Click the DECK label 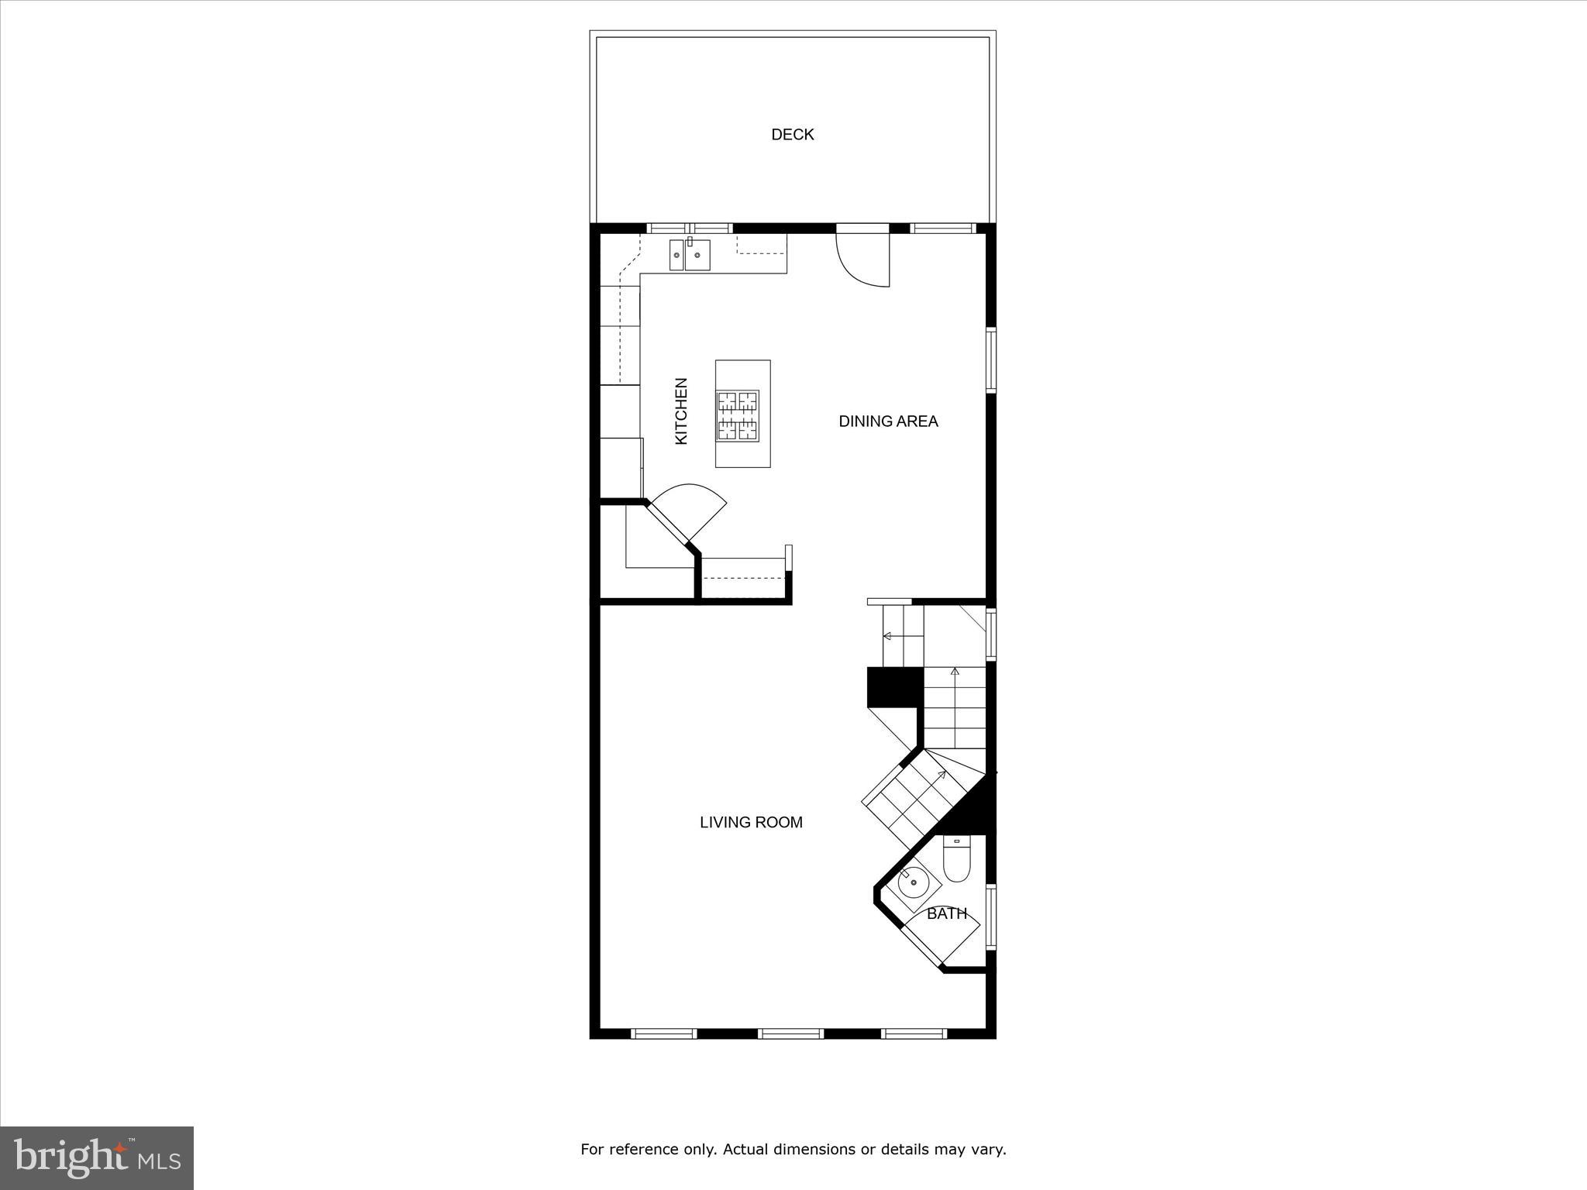click(792, 135)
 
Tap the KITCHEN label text click(681, 411)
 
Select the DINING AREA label click(888, 421)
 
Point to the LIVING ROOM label click(751, 823)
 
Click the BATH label click(947, 914)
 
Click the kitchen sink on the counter click(690, 255)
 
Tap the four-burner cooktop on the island click(737, 416)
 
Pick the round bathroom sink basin click(914, 882)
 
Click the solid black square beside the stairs click(895, 686)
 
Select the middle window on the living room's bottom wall click(790, 1033)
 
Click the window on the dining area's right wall click(990, 361)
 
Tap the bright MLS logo click(97, 1157)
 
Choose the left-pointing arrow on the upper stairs click(888, 636)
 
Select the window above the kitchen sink click(690, 229)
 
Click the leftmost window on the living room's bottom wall click(663, 1033)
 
